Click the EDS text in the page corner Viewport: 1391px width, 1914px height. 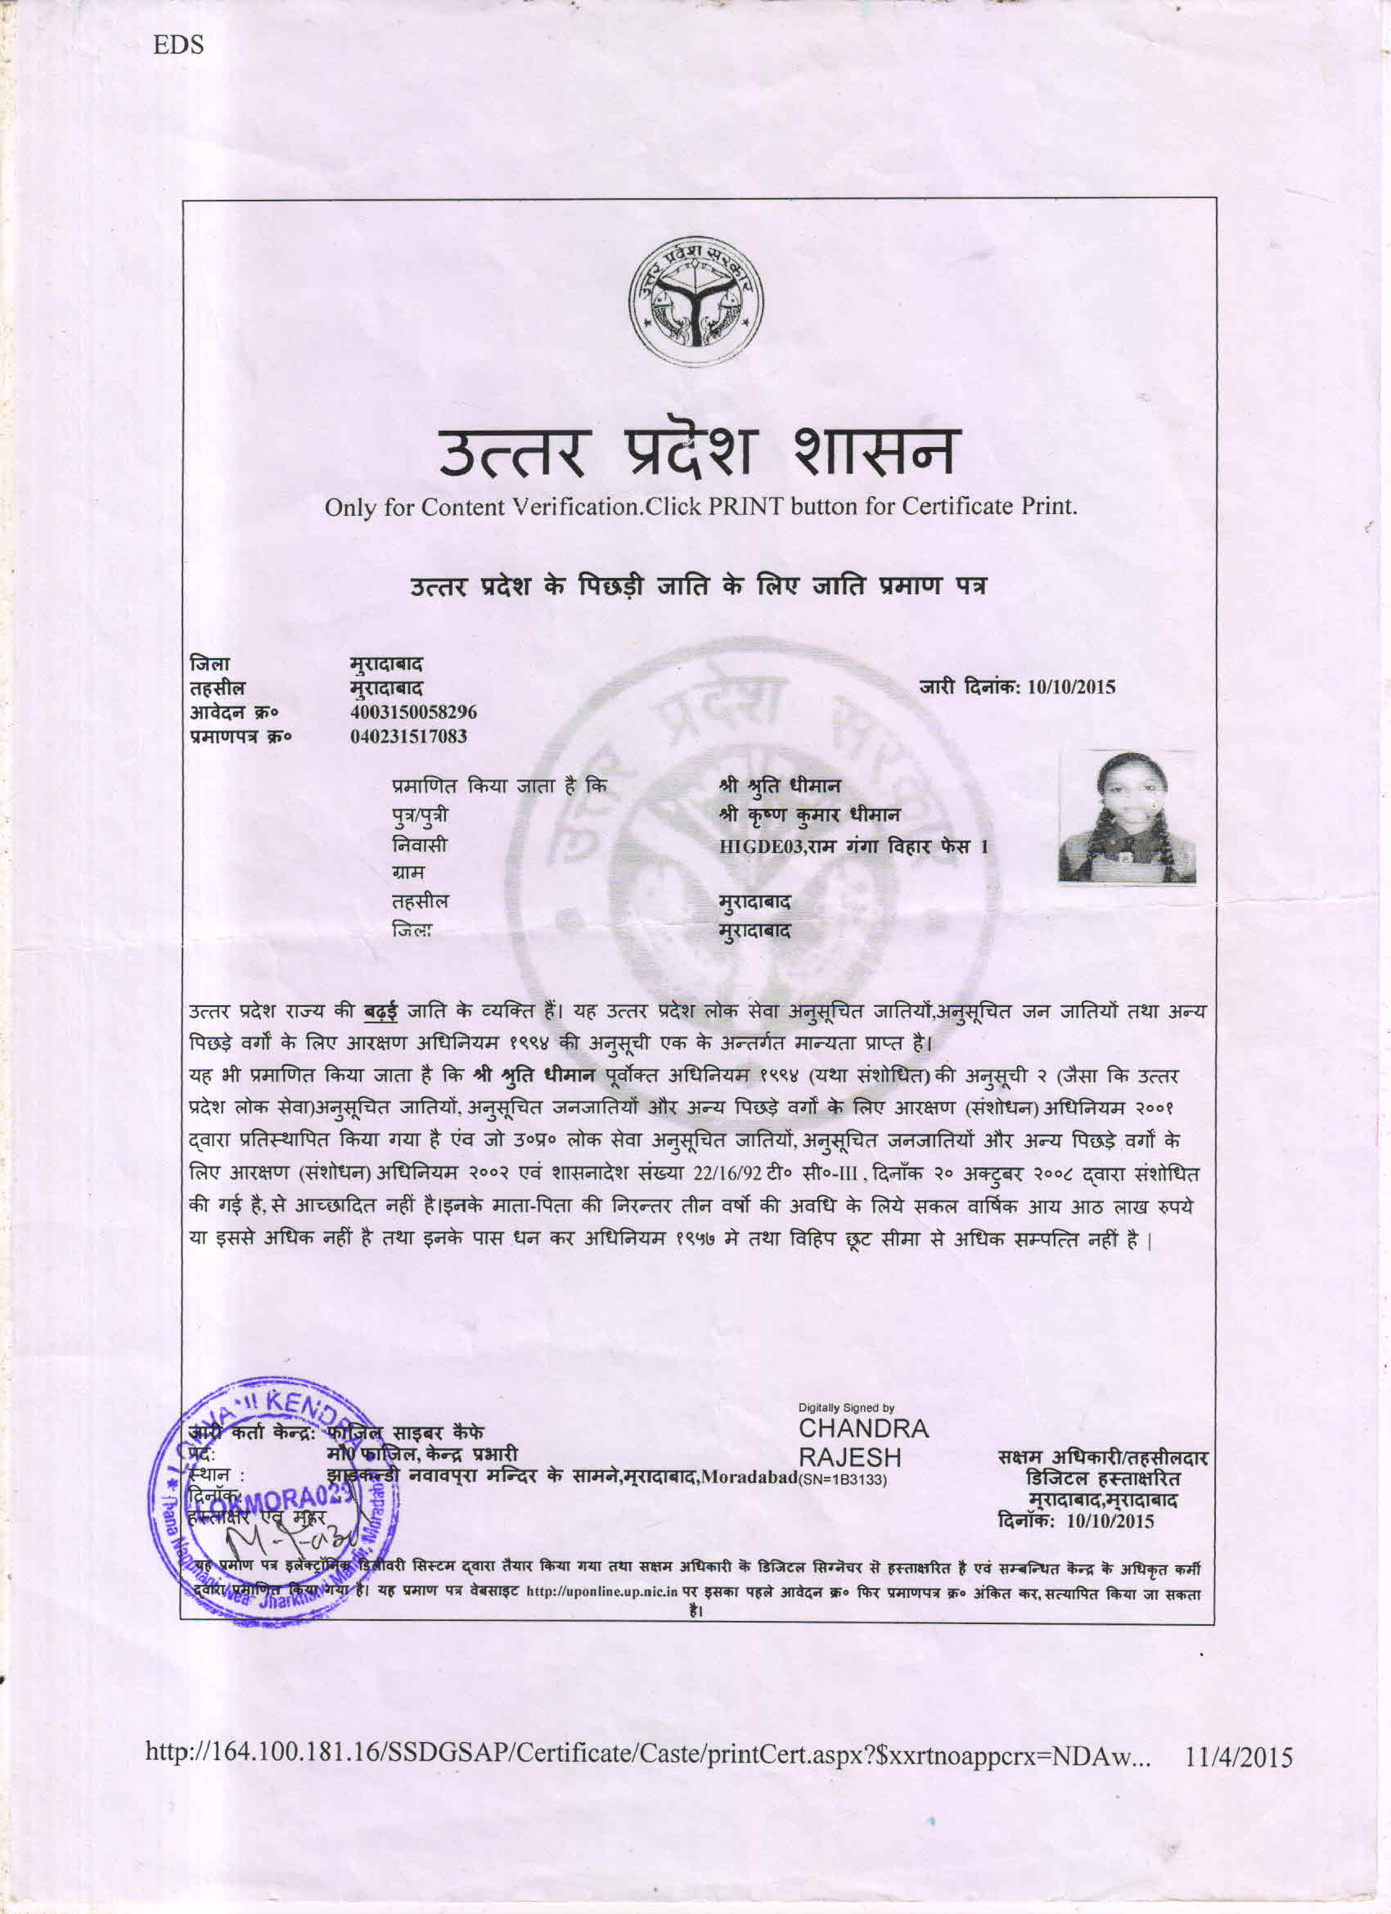[178, 45]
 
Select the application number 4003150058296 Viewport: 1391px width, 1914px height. [413, 712]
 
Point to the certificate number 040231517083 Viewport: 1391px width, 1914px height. [408, 736]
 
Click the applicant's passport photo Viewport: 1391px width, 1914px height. [1127, 817]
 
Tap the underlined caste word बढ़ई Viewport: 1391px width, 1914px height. [381, 1011]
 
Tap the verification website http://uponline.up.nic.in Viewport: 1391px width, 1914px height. [602, 1591]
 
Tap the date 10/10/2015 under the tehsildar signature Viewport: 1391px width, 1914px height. [1110, 1522]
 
